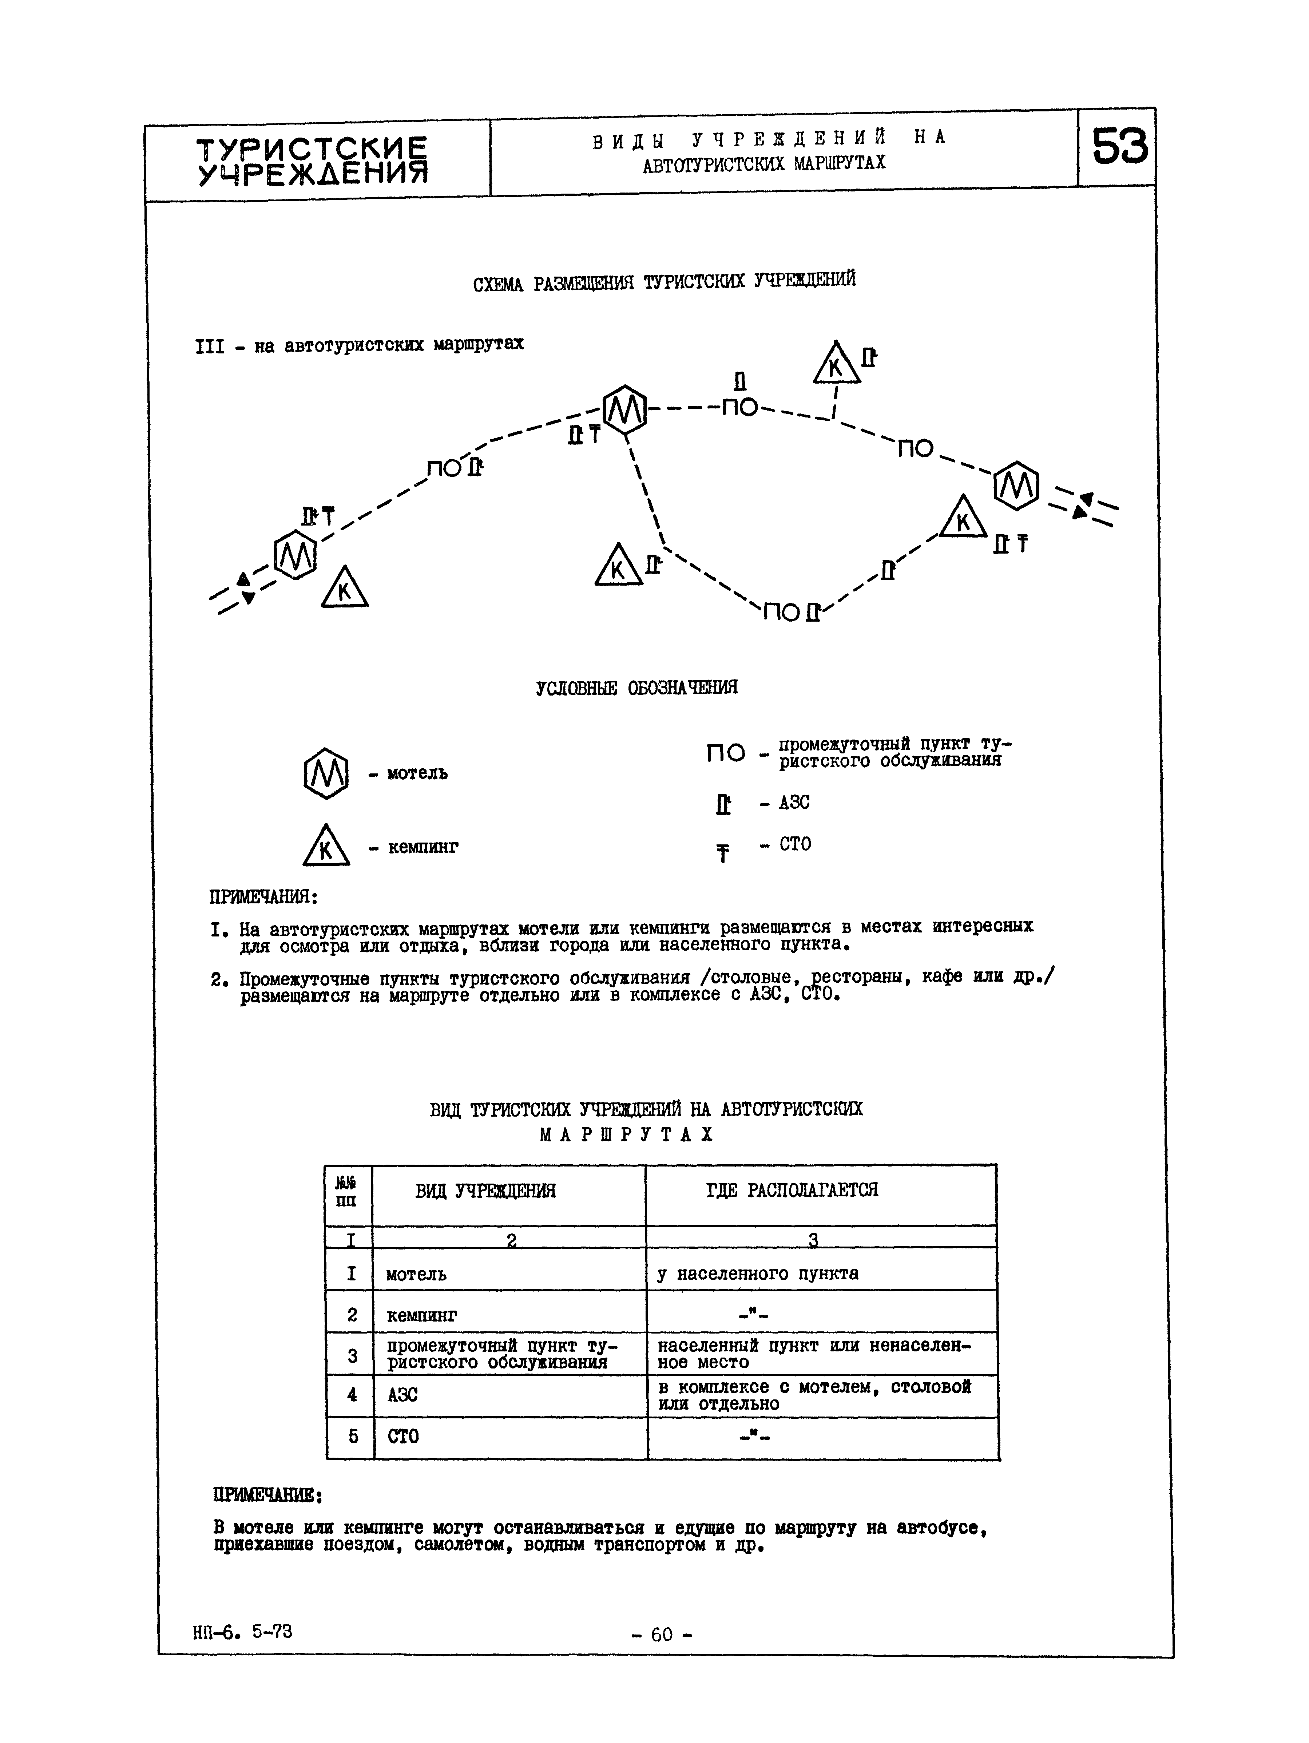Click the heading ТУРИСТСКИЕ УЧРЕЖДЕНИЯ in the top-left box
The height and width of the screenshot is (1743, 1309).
click(x=312, y=161)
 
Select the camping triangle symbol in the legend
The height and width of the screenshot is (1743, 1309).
click(x=325, y=845)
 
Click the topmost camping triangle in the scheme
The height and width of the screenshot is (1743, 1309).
click(x=836, y=363)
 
